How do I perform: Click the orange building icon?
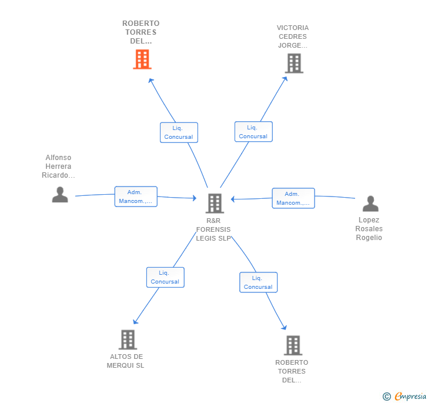(x=142, y=59)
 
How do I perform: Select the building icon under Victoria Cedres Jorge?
(x=294, y=64)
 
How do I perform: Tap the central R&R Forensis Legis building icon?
(x=215, y=204)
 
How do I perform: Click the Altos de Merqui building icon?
(x=128, y=339)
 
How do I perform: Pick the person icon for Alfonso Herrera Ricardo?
(x=60, y=195)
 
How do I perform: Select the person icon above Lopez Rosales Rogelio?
(x=370, y=204)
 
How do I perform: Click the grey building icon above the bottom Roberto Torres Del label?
(x=293, y=345)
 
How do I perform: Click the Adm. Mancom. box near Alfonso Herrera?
(x=136, y=196)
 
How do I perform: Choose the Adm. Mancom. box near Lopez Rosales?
(x=293, y=198)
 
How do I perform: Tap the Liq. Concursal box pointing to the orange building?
(x=179, y=132)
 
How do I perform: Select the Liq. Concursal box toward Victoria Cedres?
(x=253, y=132)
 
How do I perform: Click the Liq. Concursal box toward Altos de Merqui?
(x=165, y=277)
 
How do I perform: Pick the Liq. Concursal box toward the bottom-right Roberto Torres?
(x=259, y=282)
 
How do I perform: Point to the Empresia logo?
(x=410, y=396)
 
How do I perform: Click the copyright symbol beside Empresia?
(x=386, y=397)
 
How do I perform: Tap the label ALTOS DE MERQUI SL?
(x=126, y=361)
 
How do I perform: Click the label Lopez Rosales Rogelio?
(x=369, y=229)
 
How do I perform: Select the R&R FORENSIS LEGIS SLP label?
(x=213, y=229)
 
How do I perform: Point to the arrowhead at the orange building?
(x=151, y=81)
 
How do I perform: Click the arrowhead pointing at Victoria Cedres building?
(x=285, y=79)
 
